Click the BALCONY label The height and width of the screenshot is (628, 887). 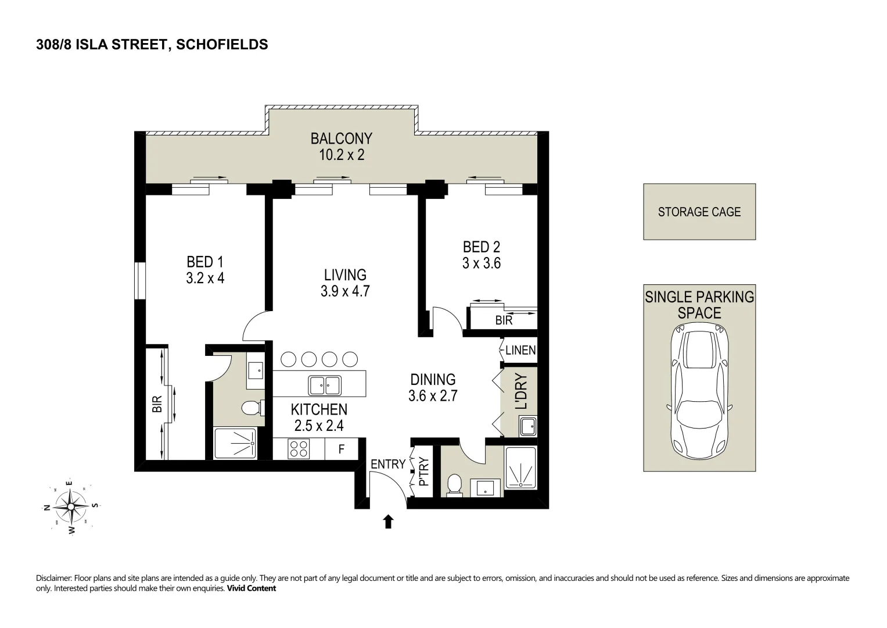pos(341,138)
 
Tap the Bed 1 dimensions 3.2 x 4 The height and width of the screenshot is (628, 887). pos(205,278)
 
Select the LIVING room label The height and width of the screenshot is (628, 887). pos(345,274)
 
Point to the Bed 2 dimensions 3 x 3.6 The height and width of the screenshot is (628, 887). pos(481,263)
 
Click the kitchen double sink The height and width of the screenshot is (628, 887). pos(325,384)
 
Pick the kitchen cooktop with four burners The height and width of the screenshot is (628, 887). pos(299,449)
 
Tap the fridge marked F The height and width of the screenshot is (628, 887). pos(342,449)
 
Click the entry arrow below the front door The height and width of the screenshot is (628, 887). pos(389,522)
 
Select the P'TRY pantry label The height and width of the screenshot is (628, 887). pos(423,472)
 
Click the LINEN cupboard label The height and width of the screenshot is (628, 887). pos(520,351)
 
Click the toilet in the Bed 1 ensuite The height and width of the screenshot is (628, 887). pos(252,408)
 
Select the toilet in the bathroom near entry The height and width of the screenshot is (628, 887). pos(455,484)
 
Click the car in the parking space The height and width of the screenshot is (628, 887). pos(699,390)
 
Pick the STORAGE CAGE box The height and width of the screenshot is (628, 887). pos(699,212)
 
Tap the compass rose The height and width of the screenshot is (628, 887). pos(70,506)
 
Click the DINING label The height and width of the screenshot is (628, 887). pos(433,380)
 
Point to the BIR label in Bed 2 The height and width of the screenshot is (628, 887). pos(504,320)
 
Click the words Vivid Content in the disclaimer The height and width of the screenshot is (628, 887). pos(251,588)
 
